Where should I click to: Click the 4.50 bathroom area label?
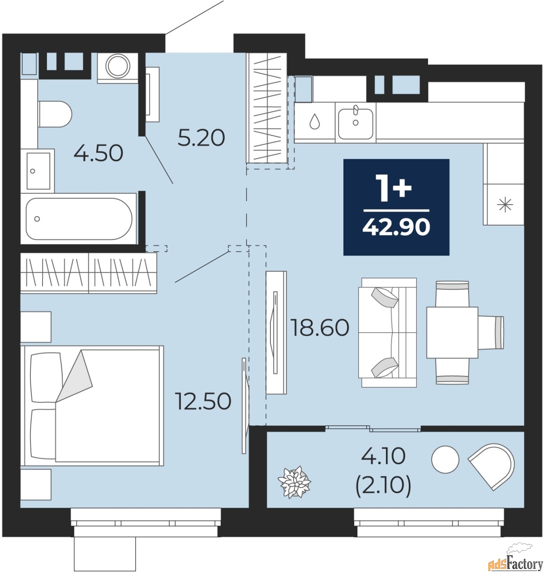[x=99, y=154]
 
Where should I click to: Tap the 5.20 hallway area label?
[x=201, y=138]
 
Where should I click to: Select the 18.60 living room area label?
[x=320, y=328]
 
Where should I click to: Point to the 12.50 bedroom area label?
[x=203, y=401]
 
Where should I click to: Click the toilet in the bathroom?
[x=55, y=114]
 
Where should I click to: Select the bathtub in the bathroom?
[x=79, y=219]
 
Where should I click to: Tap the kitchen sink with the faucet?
[x=356, y=122]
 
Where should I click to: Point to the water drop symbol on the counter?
[x=315, y=121]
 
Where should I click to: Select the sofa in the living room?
[x=387, y=332]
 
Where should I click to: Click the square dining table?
[x=452, y=332]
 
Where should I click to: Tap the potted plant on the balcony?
[x=294, y=482]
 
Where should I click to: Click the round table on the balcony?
[x=445, y=459]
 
